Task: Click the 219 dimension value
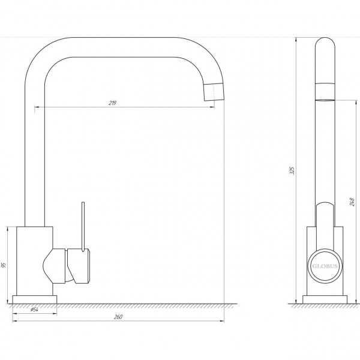113,103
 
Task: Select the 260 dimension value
118,317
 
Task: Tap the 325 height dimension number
292,170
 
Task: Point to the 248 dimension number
352,202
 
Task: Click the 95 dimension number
4,265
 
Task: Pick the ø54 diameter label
34,310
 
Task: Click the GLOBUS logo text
325,266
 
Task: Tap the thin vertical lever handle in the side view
83,227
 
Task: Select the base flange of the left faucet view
35,299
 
